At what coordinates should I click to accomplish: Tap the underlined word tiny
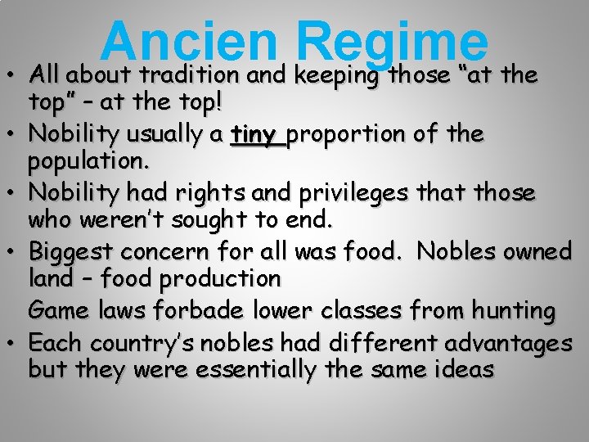254,133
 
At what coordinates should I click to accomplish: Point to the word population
88,162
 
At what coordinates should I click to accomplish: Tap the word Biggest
71,250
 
